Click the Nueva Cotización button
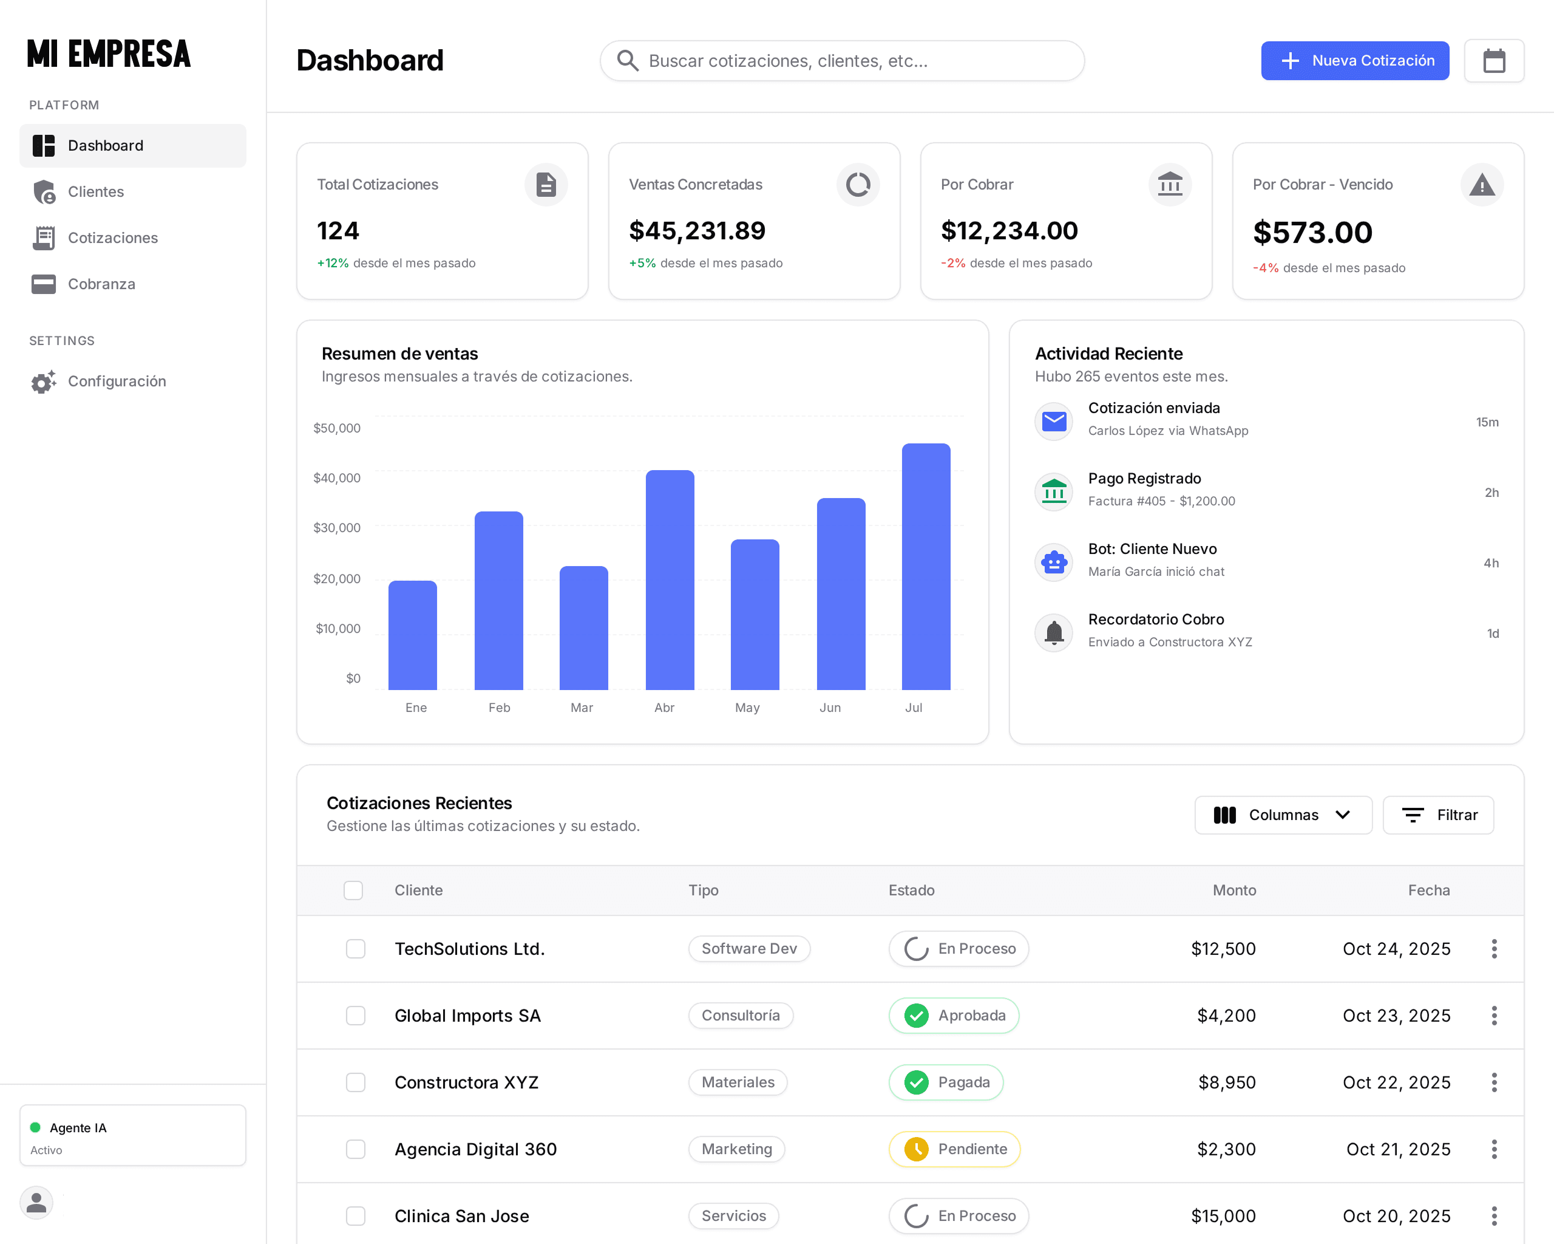[1354, 61]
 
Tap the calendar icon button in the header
[1493, 61]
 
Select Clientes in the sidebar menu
[96, 192]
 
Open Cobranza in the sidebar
[101, 284]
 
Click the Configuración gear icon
[43, 381]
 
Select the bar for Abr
[670, 580]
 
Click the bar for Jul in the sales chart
[926, 566]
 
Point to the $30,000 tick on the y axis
[337, 528]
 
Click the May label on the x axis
[747, 708]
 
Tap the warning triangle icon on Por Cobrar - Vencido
[1481, 185]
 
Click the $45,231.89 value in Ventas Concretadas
[697, 231]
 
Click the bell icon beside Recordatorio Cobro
[1054, 632]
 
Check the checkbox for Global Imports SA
[355, 1016]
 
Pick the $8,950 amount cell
[1227, 1082]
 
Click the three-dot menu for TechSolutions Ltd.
[1493, 948]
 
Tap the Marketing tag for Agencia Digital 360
[737, 1149]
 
